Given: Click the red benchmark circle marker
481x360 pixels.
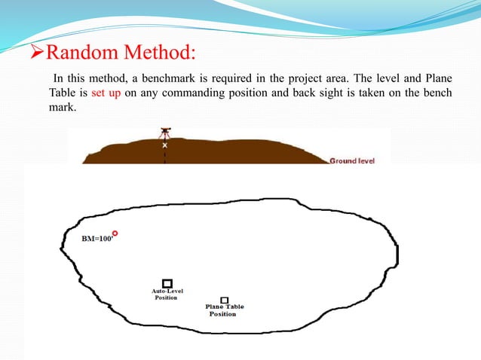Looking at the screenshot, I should [115, 234].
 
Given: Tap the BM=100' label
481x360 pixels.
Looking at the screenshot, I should [96, 239].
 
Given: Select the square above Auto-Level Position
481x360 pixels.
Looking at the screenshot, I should [167, 283].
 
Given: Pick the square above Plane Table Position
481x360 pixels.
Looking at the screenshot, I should [225, 300].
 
